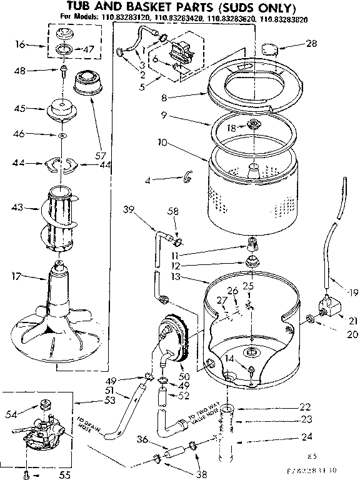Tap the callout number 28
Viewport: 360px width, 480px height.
point(312,44)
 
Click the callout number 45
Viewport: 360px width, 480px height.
point(19,109)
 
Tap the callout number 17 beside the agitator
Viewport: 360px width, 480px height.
point(19,273)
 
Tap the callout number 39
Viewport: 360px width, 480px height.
point(129,210)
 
